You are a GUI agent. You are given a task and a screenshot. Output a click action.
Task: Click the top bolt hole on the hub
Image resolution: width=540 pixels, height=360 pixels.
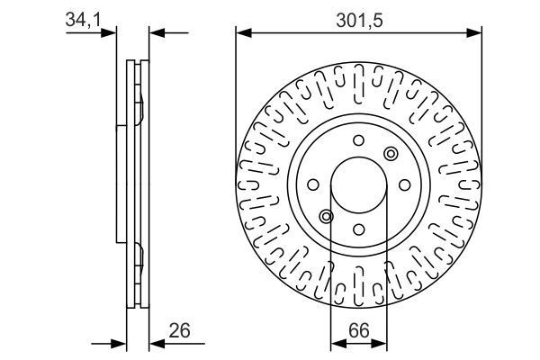point(357,139)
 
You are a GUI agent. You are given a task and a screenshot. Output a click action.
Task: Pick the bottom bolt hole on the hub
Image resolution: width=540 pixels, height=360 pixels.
point(357,229)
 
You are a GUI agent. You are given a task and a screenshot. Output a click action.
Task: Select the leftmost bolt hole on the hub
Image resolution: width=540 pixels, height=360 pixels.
point(314,185)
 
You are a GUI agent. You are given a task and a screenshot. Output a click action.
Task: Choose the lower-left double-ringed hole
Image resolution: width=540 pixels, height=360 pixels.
point(326,216)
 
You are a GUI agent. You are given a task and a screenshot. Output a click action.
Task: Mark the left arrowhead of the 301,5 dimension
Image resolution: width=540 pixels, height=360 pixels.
point(241,33)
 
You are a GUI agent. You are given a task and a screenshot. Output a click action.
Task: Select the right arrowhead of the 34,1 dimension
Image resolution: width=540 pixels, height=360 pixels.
point(154,33)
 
